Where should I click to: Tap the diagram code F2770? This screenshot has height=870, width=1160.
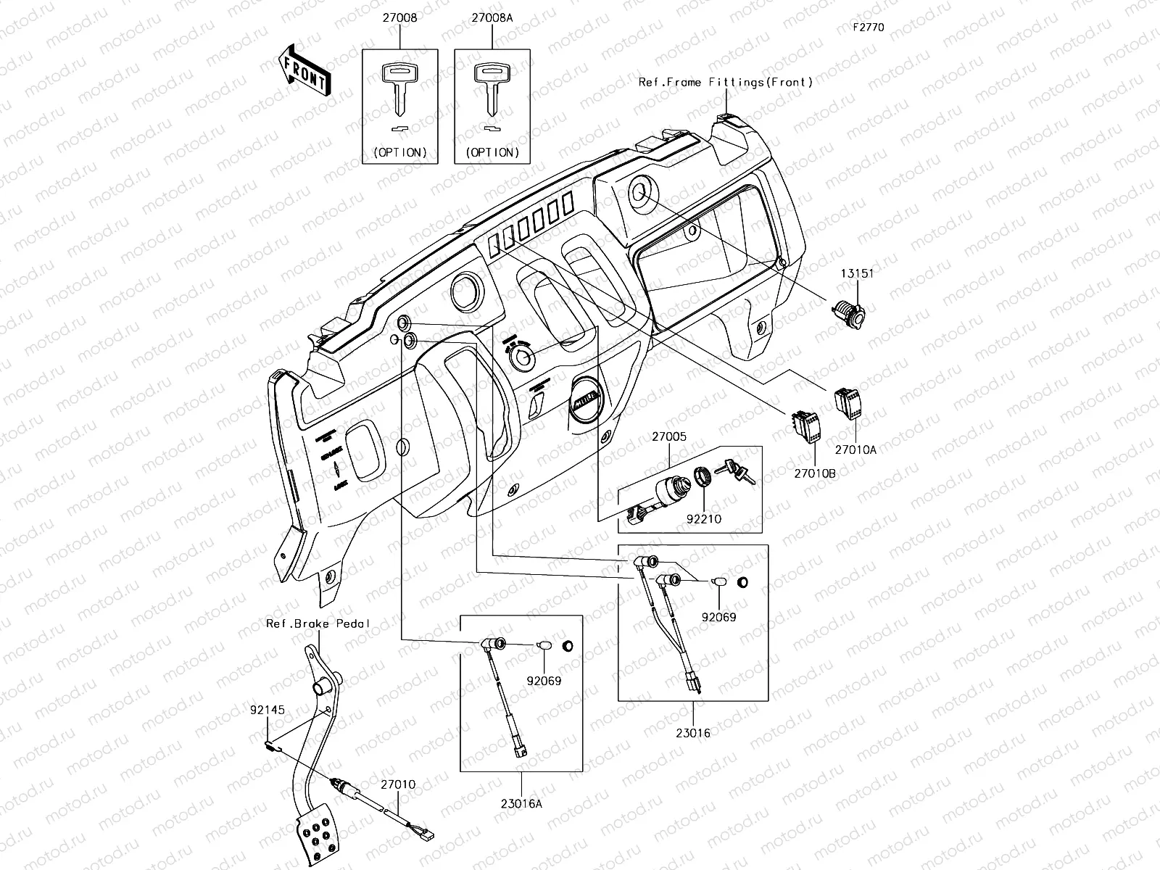click(x=868, y=28)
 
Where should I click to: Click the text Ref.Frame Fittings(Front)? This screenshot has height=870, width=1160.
click(x=726, y=83)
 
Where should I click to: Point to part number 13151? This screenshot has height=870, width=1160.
click(x=857, y=273)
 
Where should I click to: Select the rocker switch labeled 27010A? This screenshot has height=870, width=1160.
click(x=846, y=402)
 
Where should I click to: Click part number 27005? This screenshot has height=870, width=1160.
click(x=668, y=437)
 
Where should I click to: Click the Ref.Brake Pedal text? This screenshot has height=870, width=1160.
click(x=318, y=623)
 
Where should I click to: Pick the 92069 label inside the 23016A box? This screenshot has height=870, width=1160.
click(x=544, y=681)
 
